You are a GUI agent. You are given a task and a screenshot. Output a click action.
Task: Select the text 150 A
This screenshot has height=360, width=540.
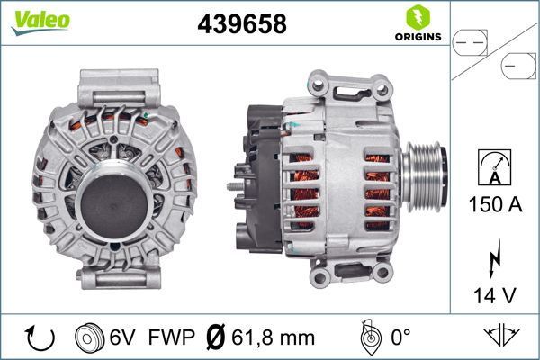click(x=494, y=204)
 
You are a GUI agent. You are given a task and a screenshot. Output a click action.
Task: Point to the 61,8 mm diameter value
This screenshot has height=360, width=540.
click(x=274, y=338)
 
